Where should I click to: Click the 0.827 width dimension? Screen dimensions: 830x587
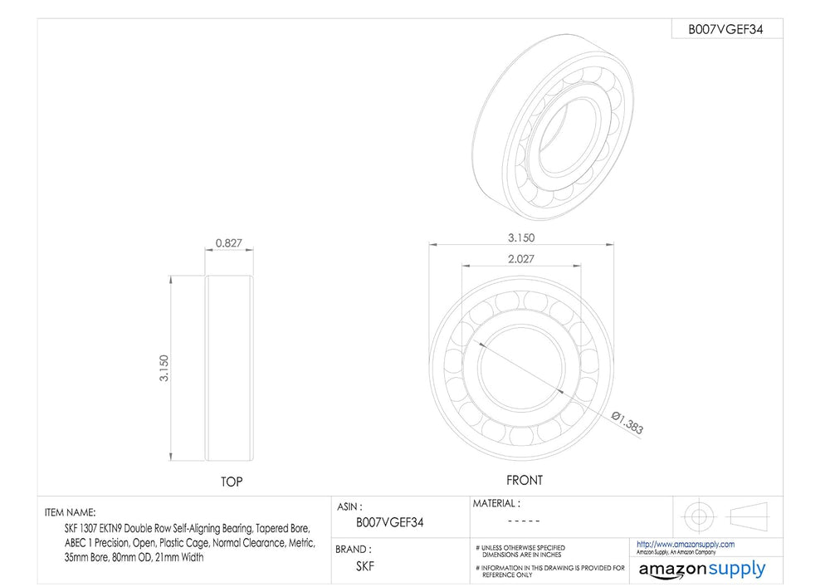229,243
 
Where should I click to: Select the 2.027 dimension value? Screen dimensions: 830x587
521,259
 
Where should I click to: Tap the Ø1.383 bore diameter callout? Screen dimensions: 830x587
627,423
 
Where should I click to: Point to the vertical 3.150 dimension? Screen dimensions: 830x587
164,368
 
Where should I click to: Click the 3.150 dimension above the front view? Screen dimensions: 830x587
521,237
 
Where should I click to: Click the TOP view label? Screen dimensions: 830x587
232,482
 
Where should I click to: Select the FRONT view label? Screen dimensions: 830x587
525,480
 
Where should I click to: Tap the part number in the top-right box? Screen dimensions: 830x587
725,30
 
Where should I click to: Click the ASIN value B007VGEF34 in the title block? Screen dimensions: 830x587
390,522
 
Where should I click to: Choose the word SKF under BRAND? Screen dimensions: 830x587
365,566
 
